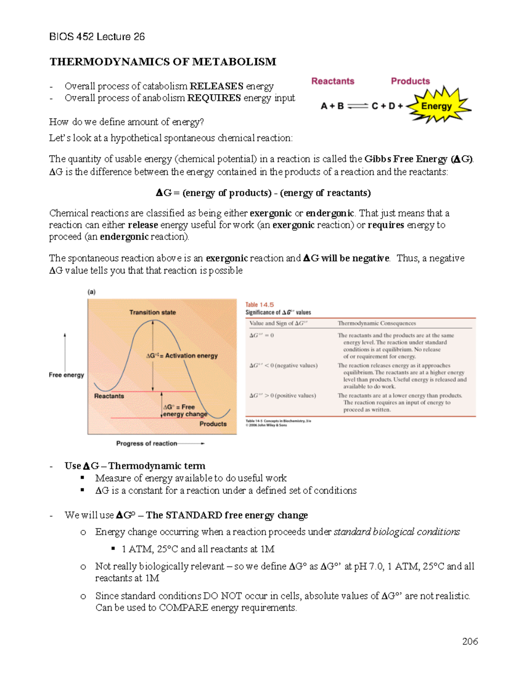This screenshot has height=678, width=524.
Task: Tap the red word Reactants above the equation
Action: [x=333, y=81]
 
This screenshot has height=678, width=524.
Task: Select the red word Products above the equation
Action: [x=410, y=81]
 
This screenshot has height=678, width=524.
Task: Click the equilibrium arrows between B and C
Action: [x=358, y=106]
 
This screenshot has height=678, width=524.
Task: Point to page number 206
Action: [x=470, y=641]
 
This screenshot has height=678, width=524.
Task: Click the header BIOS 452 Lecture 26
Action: [x=97, y=37]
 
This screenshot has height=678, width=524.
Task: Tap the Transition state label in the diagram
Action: [x=152, y=312]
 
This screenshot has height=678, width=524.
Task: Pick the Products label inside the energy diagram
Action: [x=213, y=423]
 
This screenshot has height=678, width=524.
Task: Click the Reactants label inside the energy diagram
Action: [x=109, y=396]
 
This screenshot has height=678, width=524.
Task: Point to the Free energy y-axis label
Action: [x=66, y=375]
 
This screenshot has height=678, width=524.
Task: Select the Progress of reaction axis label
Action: [x=147, y=443]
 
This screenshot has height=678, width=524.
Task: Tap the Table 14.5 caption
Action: [x=259, y=305]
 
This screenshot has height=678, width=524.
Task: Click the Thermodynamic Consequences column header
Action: [x=376, y=324]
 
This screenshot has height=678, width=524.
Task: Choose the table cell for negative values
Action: [x=283, y=365]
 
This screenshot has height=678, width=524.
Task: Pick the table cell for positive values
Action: [x=283, y=396]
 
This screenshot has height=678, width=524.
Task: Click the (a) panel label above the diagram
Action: [x=91, y=292]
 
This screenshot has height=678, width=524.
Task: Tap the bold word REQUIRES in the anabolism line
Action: [x=214, y=98]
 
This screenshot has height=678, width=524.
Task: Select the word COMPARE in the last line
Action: [x=183, y=608]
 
